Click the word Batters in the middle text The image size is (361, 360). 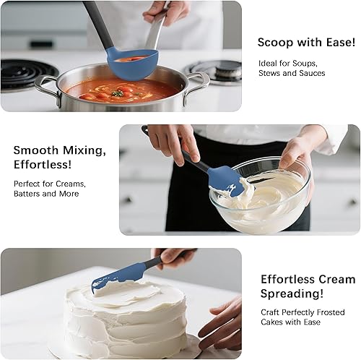tap(30, 194)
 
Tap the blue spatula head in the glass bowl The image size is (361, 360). tap(225, 182)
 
